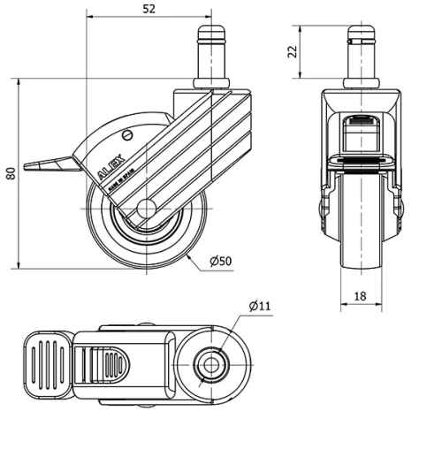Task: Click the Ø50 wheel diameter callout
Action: coord(220,262)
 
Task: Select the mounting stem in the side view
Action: coord(211,57)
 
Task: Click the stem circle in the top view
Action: coord(212,363)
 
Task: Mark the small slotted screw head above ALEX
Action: coord(128,135)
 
